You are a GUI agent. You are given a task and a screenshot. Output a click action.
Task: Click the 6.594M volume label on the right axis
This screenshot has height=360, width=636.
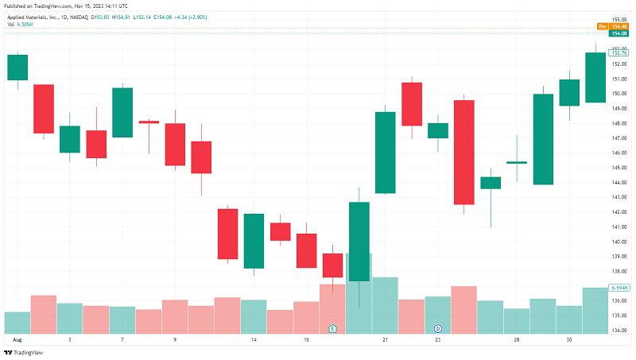619,288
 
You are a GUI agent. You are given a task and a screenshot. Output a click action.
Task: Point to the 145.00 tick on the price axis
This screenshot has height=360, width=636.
619,168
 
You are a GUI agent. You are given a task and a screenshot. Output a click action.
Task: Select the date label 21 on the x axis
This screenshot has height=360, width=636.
385,339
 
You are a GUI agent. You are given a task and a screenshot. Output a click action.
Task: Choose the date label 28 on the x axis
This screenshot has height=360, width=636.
517,339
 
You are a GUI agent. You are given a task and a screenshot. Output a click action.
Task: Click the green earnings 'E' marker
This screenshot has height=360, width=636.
332,328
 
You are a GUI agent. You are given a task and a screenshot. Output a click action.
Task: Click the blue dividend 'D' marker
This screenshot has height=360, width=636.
437,328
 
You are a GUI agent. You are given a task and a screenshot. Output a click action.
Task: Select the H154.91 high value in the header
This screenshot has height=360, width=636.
122,17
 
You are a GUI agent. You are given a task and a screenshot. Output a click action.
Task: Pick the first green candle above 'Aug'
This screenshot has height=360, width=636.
17,68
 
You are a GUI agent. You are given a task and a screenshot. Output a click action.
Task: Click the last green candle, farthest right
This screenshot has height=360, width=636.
595,77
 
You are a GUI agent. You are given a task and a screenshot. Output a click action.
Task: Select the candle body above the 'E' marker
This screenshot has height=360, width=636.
332,265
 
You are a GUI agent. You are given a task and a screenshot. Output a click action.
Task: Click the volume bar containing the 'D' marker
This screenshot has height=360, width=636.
437,310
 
